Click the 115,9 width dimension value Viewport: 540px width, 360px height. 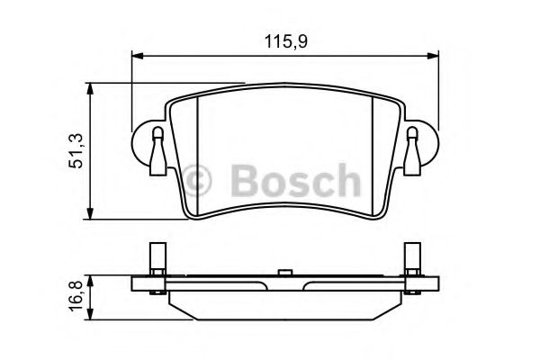pyautogui.click(x=286, y=42)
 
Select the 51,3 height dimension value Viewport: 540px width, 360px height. pyautogui.click(x=76, y=150)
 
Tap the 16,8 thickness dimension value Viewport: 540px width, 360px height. pyautogui.click(x=76, y=295)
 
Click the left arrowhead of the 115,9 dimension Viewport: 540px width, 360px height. pyautogui.click(x=137, y=56)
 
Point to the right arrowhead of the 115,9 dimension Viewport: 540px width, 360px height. pyautogui.click(x=433, y=56)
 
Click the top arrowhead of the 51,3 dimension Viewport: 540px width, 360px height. pyautogui.click(x=90, y=88)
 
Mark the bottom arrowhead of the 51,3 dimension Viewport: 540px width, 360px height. pyautogui.click(x=90, y=213)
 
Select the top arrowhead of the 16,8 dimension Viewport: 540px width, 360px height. pyautogui.click(x=90, y=281)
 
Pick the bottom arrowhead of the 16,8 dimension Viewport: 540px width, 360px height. pyautogui.click(x=90, y=314)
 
